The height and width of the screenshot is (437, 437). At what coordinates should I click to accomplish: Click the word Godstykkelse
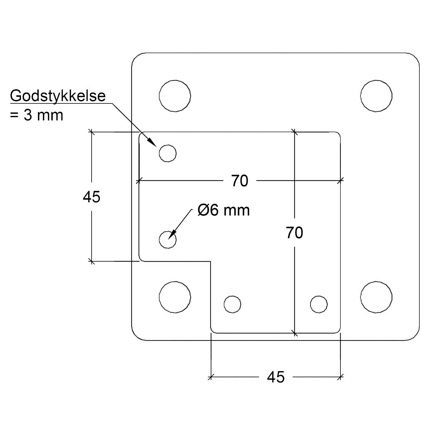(58, 96)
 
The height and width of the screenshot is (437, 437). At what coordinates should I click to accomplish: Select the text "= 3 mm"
(36, 115)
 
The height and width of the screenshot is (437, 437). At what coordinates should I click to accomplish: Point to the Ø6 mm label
(224, 210)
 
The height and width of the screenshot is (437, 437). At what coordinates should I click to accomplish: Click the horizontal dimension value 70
(240, 181)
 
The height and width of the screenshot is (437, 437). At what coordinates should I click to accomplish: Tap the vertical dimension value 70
(294, 233)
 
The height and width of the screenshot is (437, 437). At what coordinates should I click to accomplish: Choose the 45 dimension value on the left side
(91, 197)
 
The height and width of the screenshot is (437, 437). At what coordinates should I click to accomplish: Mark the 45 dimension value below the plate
(276, 377)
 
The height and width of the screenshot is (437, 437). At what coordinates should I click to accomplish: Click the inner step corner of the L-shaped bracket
(211, 262)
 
